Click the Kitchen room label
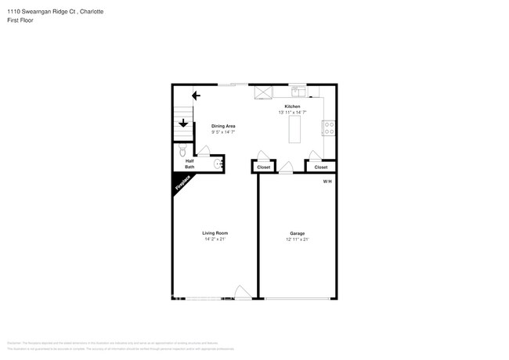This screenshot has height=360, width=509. pyautogui.click(x=292, y=106)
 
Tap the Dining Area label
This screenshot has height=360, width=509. pyautogui.click(x=224, y=126)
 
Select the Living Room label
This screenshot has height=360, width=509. pyautogui.click(x=215, y=233)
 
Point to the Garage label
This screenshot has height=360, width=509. pyautogui.click(x=297, y=233)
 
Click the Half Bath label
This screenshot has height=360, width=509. pyautogui.click(x=190, y=164)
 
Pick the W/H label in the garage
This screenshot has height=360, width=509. pyautogui.click(x=327, y=182)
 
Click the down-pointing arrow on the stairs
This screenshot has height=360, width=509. pyautogui.click(x=182, y=122)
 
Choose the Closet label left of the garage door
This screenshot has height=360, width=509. pyautogui.click(x=264, y=167)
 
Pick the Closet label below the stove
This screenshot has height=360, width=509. pyautogui.click(x=321, y=167)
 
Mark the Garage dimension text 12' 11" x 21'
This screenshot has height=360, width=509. pyautogui.click(x=297, y=239)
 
